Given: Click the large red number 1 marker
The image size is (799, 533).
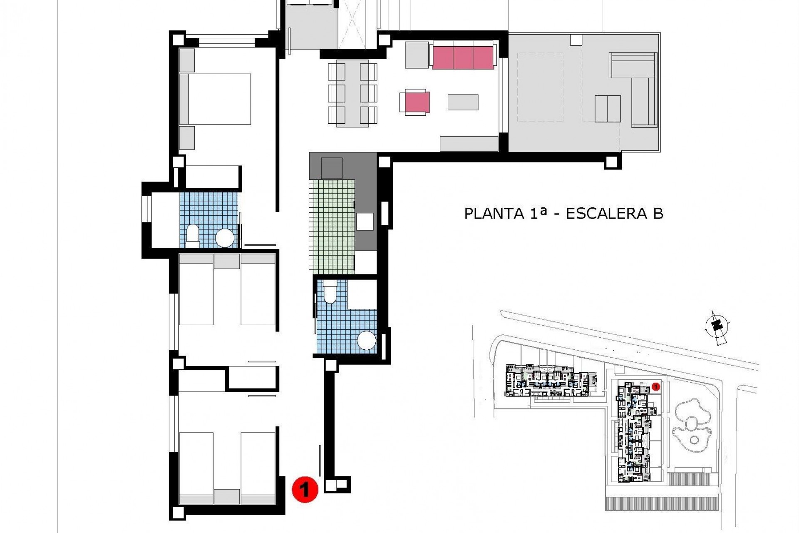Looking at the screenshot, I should tap(305, 490).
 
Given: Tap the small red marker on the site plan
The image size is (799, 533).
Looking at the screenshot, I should tap(656, 387).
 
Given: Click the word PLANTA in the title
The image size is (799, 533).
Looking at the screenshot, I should tap(494, 214).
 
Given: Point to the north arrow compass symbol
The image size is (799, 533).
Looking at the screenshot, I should tap(717, 327).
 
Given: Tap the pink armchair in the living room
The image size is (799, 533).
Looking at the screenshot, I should tap(415, 102).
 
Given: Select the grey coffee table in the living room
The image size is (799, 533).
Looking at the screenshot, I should tap(463, 102).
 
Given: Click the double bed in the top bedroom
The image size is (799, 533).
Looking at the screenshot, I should tap(215, 99).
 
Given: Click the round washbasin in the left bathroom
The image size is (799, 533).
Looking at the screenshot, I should tap(225, 238).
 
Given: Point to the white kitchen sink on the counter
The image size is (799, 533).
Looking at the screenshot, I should tap(365, 222).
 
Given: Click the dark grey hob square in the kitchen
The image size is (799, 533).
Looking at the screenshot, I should tap(332, 168).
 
